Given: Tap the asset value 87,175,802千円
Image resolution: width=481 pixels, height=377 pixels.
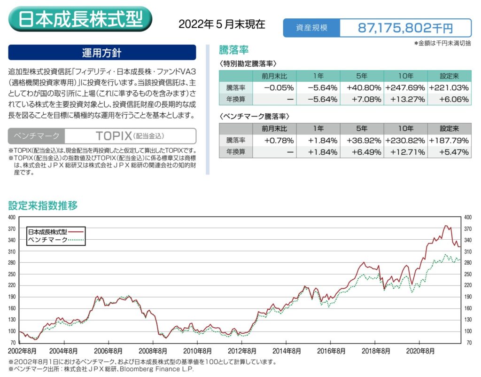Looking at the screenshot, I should [x=405, y=28].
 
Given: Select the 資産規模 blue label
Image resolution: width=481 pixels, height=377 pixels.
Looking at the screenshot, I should [x=311, y=28].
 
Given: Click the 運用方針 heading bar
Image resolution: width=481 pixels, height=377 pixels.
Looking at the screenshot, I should [x=102, y=53].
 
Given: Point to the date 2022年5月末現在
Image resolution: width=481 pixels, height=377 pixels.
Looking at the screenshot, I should [x=222, y=24].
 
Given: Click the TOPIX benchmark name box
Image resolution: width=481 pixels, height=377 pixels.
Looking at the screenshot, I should [x=130, y=136].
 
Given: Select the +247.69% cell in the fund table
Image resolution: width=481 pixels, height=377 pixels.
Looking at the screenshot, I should [x=405, y=87].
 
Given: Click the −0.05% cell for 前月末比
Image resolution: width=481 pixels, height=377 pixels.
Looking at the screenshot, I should [x=274, y=87].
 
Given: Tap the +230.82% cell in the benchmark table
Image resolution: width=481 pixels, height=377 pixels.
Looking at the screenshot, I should [x=405, y=140].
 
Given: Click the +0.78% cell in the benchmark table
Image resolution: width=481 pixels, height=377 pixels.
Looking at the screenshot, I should [x=274, y=140].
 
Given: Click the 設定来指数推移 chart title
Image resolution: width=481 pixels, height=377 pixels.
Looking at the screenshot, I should [x=43, y=205].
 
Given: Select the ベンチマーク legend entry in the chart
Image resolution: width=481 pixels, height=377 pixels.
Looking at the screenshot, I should [x=48, y=240].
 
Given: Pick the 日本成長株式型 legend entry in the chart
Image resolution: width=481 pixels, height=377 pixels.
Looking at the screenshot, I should [x=48, y=232].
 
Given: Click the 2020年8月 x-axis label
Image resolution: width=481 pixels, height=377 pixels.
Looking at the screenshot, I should [x=419, y=351].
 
